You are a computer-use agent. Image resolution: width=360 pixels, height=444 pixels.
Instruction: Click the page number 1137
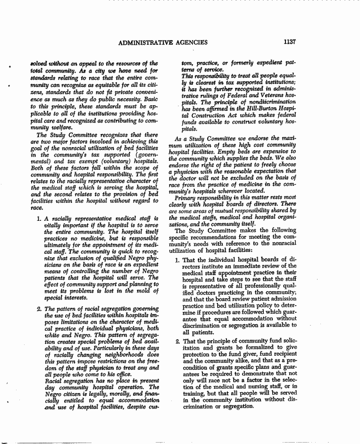point(289,42)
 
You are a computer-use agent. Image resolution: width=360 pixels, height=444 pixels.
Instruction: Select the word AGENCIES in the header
point(192,42)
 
